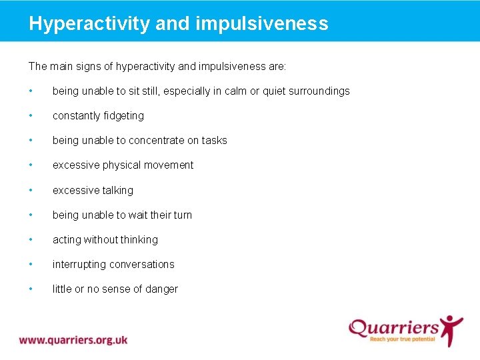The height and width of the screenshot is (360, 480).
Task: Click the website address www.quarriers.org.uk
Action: click(x=73, y=340)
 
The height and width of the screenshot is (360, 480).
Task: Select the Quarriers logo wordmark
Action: click(x=394, y=327)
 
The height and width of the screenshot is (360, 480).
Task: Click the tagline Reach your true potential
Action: click(x=402, y=339)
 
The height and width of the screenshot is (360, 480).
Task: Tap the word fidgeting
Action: click(x=121, y=116)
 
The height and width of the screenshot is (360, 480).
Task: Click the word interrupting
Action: click(x=78, y=265)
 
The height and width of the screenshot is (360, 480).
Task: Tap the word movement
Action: click(x=171, y=165)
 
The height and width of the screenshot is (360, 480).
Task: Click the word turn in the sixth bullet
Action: click(x=181, y=215)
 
